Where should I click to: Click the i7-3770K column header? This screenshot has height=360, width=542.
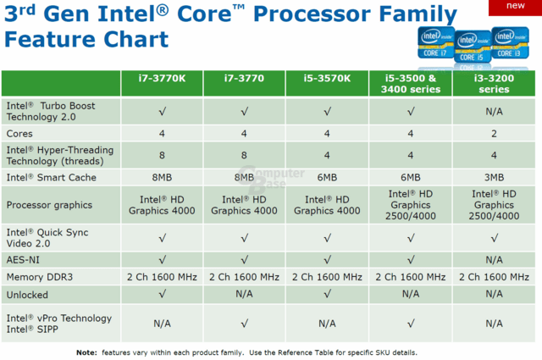(162, 79)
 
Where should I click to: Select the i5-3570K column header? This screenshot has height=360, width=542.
(327, 79)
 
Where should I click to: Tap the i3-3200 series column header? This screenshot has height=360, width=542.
(494, 84)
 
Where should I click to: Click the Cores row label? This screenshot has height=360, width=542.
(19, 134)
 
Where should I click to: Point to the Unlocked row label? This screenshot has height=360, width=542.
(27, 295)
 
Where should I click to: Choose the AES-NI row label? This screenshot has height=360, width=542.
(23, 260)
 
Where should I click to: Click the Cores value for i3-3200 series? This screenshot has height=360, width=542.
(494, 134)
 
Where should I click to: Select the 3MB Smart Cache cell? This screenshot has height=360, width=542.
(494, 177)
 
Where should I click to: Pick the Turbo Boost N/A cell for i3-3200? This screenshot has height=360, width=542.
(494, 111)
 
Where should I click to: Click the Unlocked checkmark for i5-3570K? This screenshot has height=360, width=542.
(327, 294)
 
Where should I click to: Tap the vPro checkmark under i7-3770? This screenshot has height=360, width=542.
(245, 324)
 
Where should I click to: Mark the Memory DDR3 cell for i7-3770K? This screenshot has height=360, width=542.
(162, 277)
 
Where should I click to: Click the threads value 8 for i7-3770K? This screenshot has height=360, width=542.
(162, 155)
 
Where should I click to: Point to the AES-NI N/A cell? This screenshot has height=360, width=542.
(494, 260)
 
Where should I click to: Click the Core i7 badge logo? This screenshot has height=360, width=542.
(436, 42)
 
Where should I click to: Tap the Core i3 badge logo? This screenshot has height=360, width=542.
(510, 42)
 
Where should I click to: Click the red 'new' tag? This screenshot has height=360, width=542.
(515, 7)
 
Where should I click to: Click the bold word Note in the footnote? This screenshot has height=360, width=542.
(86, 352)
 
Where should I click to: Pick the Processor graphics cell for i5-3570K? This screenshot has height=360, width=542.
(327, 205)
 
